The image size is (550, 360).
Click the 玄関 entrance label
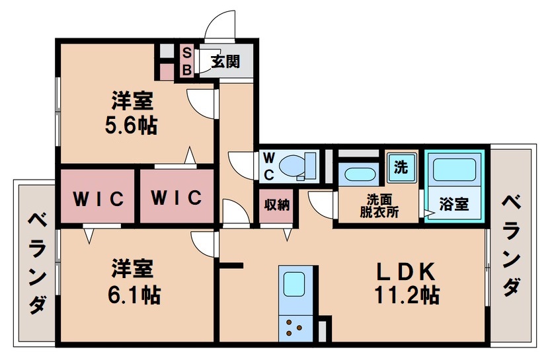[225, 62]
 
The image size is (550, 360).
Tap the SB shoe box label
[186, 60]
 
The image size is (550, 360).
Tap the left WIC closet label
[98, 198]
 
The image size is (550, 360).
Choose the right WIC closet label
[177, 198]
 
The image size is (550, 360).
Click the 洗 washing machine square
[401, 167]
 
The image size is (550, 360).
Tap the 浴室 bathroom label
[455, 205]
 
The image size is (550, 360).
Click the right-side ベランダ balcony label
[510, 244]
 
